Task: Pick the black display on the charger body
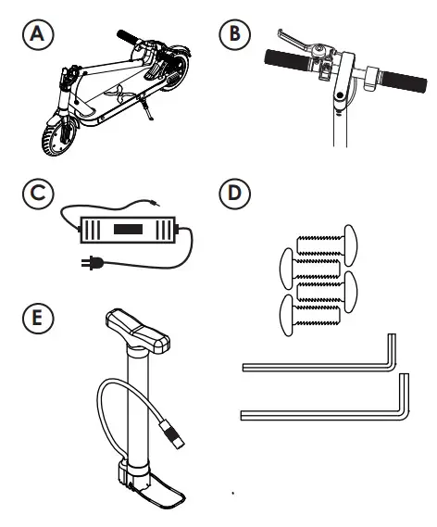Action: pyautogui.click(x=129, y=227)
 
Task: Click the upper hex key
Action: pyautogui.click(x=319, y=364)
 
